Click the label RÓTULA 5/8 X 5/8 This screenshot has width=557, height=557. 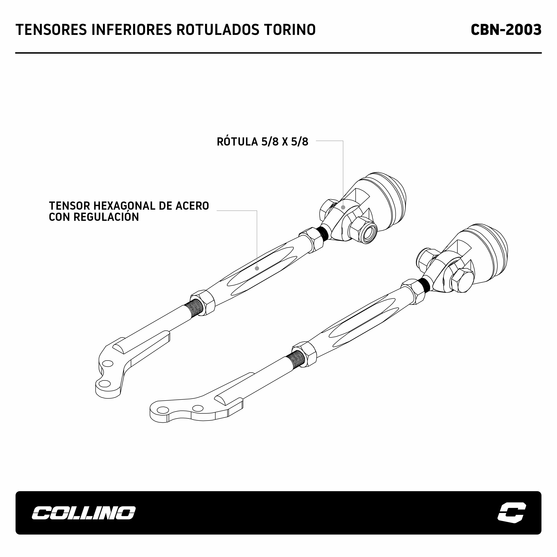click(262, 142)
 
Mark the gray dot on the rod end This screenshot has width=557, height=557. click(343, 207)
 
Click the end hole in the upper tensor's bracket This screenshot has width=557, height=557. click(104, 383)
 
